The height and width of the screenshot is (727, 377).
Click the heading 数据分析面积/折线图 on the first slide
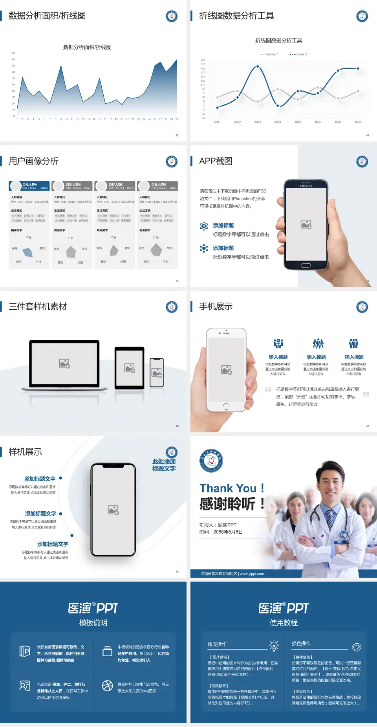47,16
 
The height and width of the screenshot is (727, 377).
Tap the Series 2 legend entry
298,54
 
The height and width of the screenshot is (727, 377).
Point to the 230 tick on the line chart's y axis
203,60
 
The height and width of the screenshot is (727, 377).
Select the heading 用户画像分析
34,161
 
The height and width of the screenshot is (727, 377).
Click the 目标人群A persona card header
29,186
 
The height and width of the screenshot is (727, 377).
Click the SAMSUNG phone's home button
306,265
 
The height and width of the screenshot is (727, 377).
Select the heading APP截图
216,161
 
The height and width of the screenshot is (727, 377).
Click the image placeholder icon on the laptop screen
64,363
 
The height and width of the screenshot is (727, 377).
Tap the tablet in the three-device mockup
130,368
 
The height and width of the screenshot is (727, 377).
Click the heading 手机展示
216,307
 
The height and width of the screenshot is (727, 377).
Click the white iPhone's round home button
226,406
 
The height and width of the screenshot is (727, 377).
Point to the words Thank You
228,488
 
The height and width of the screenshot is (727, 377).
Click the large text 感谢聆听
228,504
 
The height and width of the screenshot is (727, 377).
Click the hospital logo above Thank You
211,461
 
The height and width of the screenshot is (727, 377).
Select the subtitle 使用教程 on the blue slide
284,623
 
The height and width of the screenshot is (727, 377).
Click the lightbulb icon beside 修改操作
274,645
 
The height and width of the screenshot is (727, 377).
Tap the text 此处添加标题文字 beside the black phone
164,465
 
